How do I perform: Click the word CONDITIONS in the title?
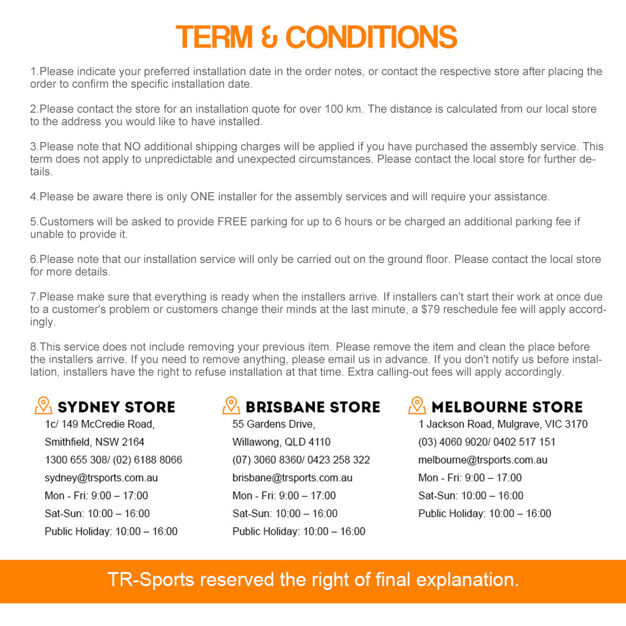[x=371, y=38]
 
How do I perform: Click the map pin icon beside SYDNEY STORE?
[x=43, y=406]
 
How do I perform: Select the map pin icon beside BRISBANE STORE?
[x=231, y=406]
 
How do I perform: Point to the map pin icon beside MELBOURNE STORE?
[x=417, y=406]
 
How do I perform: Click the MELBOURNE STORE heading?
[x=507, y=407]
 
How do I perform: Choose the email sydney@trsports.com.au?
[x=101, y=478]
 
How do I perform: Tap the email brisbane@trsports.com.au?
[x=292, y=478]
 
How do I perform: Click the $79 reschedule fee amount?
[x=432, y=309]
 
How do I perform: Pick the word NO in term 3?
[x=132, y=146]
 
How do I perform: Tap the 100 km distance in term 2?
[x=343, y=109]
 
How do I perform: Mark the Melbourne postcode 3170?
[x=575, y=424]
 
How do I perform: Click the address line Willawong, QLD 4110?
[x=281, y=442]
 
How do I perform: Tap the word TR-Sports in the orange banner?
[x=150, y=579]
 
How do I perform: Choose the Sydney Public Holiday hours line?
[x=111, y=531]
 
